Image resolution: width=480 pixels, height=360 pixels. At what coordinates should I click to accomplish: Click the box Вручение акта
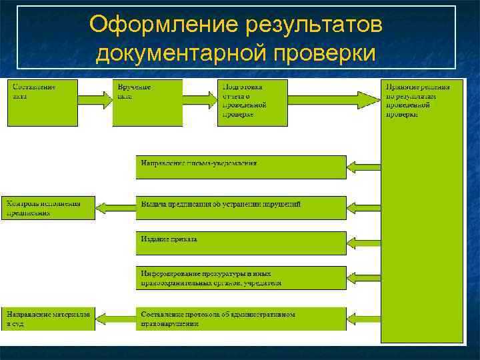(x=147, y=103)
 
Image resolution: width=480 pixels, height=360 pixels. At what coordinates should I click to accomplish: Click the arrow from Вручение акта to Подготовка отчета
(x=200, y=100)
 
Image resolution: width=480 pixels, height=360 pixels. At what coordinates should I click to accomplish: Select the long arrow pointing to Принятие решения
(x=333, y=100)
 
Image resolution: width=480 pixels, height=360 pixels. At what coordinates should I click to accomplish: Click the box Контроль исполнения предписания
(x=51, y=207)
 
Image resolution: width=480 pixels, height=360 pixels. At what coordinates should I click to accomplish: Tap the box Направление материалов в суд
(x=51, y=318)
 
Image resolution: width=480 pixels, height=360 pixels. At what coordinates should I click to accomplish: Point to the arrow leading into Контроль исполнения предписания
(x=115, y=207)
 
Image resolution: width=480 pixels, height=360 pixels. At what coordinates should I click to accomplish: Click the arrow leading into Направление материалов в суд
(x=115, y=319)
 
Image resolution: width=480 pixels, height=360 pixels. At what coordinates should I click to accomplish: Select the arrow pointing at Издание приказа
(x=364, y=243)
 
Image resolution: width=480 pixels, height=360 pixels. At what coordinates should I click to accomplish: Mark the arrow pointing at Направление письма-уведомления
(x=364, y=167)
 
